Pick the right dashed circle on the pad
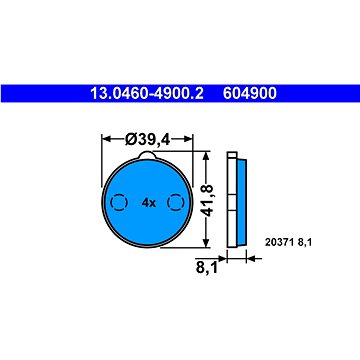click(176, 203)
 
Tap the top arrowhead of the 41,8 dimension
click(207, 158)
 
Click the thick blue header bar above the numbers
click(180, 81)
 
